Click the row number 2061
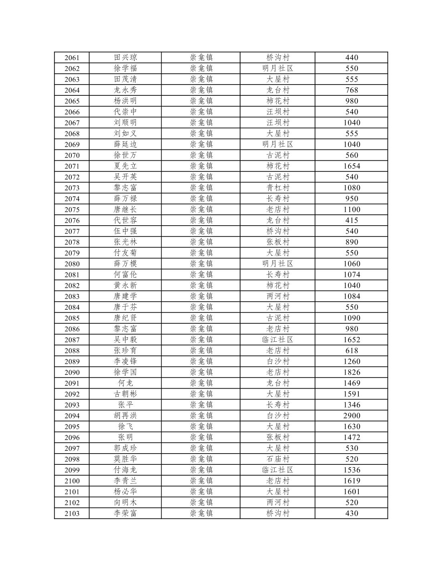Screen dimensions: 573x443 pyautogui.click(x=72, y=58)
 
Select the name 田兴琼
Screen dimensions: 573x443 pyautogui.click(x=125, y=58)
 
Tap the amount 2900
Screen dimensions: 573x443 pyautogui.click(x=352, y=416)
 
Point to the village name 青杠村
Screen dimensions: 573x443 pyautogui.click(x=278, y=188)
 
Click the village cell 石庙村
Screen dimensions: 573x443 pyautogui.click(x=278, y=459)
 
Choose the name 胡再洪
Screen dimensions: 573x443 pyautogui.click(x=125, y=416)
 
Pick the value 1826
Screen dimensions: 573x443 pyautogui.click(x=352, y=372)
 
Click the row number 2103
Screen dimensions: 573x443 pyautogui.click(x=72, y=513)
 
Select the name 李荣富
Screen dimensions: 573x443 pyautogui.click(x=125, y=513)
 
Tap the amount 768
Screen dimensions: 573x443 pyautogui.click(x=352, y=90)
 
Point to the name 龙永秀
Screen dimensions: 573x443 pyautogui.click(x=125, y=90)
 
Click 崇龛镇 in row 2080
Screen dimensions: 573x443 pyautogui.click(x=201, y=264)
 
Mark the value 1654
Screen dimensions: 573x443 pyautogui.click(x=352, y=166)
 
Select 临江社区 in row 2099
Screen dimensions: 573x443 pyautogui.click(x=278, y=470)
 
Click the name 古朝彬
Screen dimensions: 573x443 pyautogui.click(x=125, y=394)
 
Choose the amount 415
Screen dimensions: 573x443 pyautogui.click(x=352, y=220)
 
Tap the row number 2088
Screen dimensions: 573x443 pyautogui.click(x=72, y=351)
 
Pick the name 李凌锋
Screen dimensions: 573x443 pyautogui.click(x=125, y=361)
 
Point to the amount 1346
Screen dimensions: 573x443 pyautogui.click(x=352, y=405)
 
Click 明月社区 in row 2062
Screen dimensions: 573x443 pyautogui.click(x=278, y=69)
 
